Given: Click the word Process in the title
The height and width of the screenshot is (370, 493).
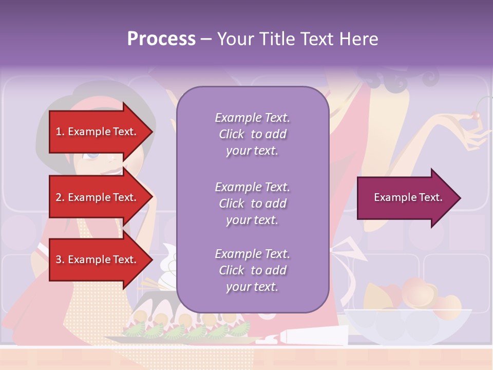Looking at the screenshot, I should tap(161, 39).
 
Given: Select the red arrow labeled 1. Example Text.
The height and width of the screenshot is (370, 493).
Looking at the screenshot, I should tap(98, 132).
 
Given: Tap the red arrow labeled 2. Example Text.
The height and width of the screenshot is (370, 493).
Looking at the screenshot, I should tap(98, 197).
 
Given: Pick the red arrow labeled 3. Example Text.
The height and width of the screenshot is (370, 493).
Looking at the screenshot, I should tap(98, 260).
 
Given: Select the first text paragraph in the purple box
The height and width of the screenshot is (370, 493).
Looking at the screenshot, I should tap(252, 134).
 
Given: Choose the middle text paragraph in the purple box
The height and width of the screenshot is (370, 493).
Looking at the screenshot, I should tap(252, 203).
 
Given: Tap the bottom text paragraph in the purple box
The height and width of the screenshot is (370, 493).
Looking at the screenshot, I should tap(252, 270).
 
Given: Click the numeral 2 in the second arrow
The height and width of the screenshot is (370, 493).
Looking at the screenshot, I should tap(59, 197).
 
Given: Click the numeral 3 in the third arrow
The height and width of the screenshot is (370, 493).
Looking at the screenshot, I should tap(59, 260).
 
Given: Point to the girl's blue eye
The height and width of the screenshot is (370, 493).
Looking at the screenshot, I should tap(92, 155).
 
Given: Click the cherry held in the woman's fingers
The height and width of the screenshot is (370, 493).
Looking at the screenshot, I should tap(476, 117).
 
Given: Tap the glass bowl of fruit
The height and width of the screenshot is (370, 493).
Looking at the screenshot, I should tap(408, 324).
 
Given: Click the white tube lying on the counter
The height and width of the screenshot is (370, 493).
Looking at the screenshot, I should tap(308, 338).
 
